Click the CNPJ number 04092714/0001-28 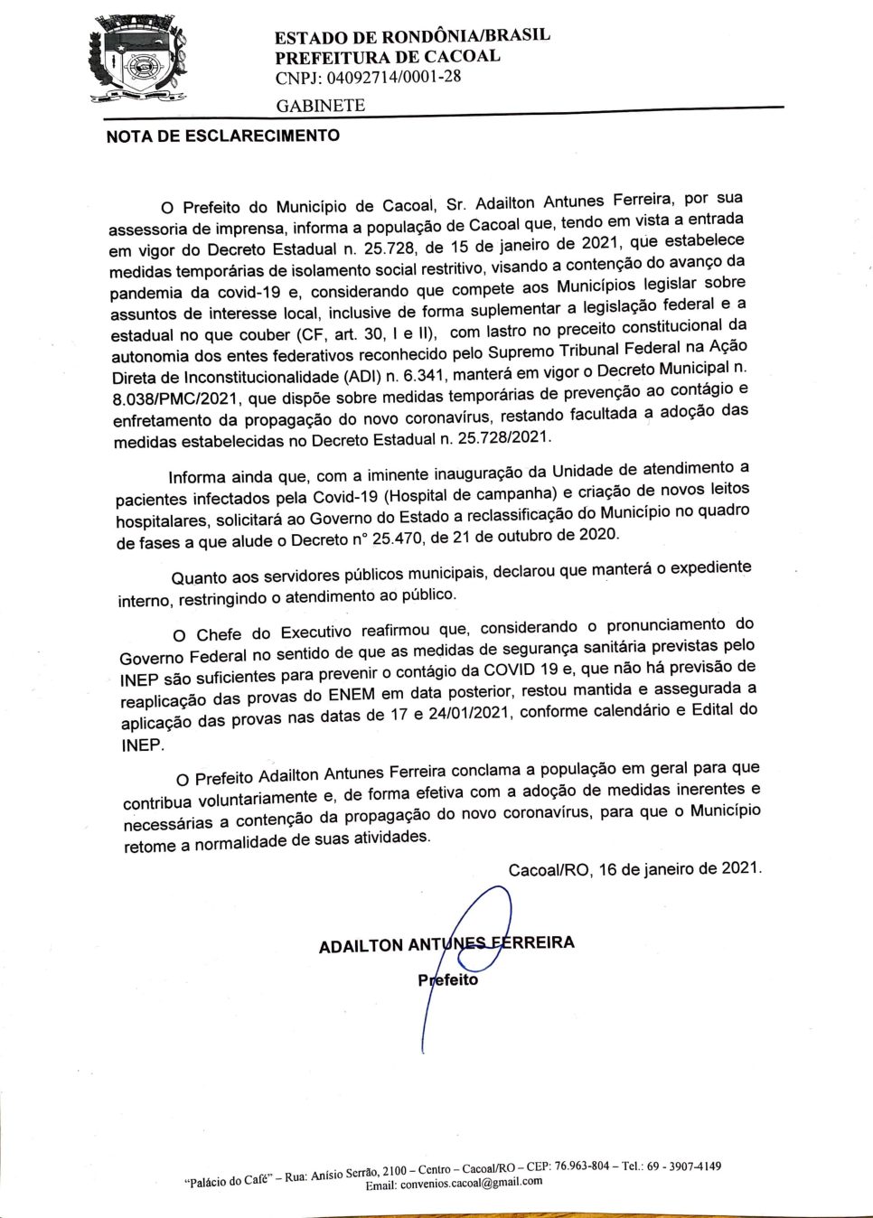pyautogui.click(x=368, y=77)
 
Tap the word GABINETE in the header pyautogui.click(x=321, y=106)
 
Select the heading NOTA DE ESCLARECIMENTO pyautogui.click(x=223, y=136)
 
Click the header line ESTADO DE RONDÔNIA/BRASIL pyautogui.click(x=412, y=36)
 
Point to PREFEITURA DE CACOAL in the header pyautogui.click(x=388, y=56)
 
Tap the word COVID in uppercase pyautogui.click(x=515, y=670)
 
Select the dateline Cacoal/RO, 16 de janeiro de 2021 pyautogui.click(x=634, y=869)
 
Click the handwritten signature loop pyautogui.click(x=483, y=922)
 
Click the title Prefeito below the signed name pyautogui.click(x=447, y=980)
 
